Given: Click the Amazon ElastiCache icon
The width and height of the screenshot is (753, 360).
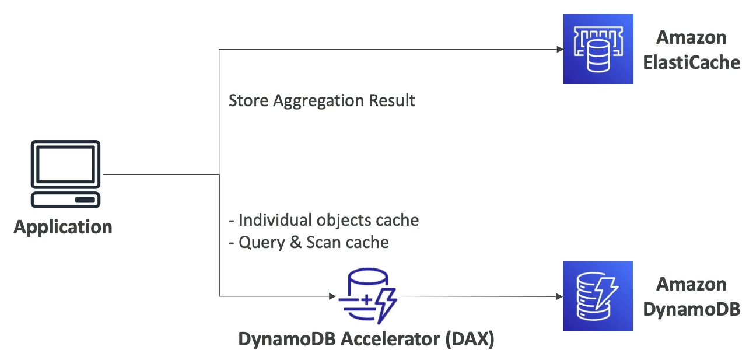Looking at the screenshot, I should [x=598, y=49].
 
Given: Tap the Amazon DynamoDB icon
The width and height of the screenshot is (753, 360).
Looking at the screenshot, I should [x=598, y=296].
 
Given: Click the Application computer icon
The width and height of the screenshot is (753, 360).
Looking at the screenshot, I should [x=66, y=174].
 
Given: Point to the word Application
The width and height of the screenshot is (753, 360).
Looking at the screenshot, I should [x=63, y=226].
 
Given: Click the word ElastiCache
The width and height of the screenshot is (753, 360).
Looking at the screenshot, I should [x=691, y=62].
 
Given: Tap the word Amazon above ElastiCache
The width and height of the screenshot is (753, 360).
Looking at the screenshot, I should [x=691, y=37].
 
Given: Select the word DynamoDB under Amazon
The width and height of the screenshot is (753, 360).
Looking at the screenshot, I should [x=691, y=309].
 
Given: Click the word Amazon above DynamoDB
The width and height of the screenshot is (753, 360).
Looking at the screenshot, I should [x=691, y=284].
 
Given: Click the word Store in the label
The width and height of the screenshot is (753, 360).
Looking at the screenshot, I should [x=244, y=100].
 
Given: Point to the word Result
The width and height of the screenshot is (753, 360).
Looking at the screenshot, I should [x=393, y=100].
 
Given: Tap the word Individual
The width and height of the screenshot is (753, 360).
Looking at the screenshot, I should [x=275, y=220].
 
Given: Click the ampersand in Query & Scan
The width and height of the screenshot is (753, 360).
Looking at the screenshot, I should [x=296, y=242].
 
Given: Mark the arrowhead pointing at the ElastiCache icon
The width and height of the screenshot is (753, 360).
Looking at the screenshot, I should [x=559, y=50].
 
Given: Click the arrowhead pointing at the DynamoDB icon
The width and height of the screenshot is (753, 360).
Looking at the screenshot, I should [x=559, y=296].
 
